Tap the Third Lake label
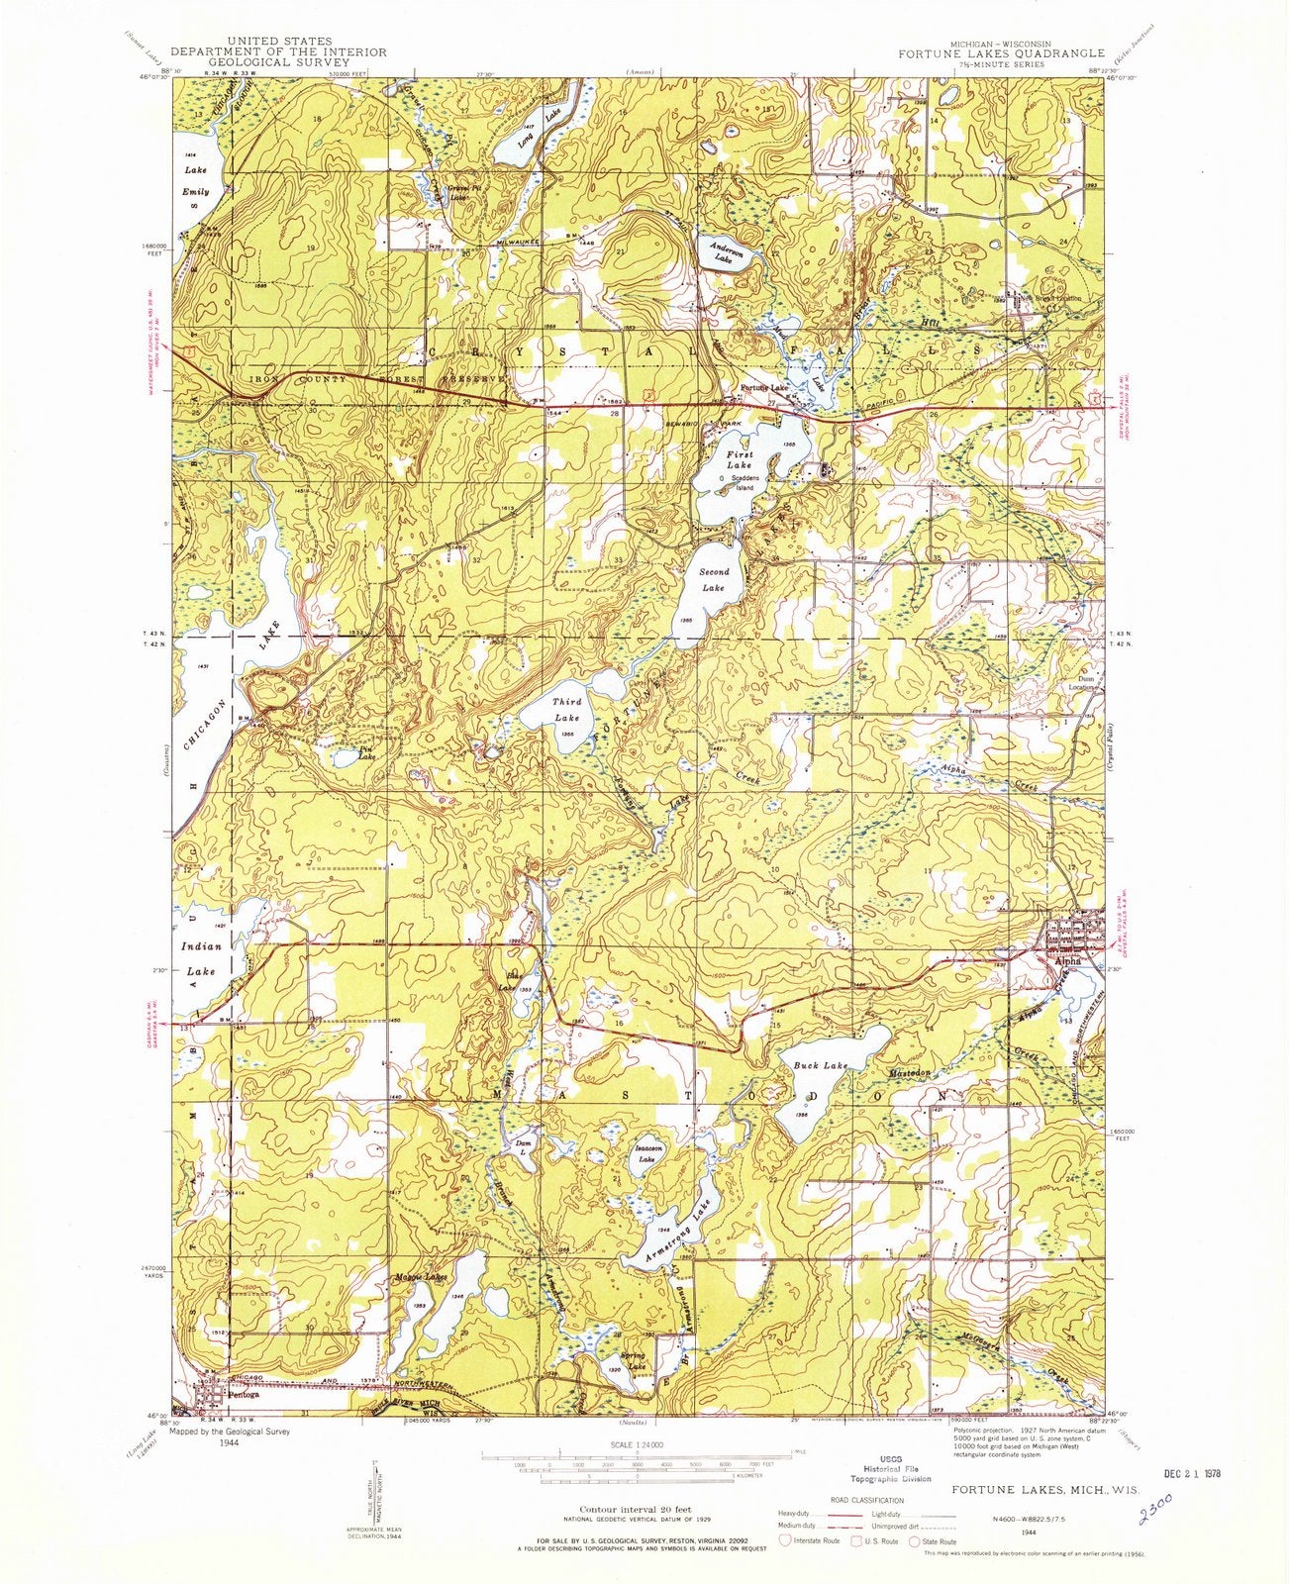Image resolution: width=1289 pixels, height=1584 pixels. coord(567,710)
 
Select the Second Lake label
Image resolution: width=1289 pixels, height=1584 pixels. coord(714,579)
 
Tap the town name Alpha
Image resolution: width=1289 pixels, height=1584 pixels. coord(1068,960)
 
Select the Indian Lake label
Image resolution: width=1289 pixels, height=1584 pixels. coord(201,958)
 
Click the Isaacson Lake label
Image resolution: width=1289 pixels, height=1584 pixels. coord(645,1154)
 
